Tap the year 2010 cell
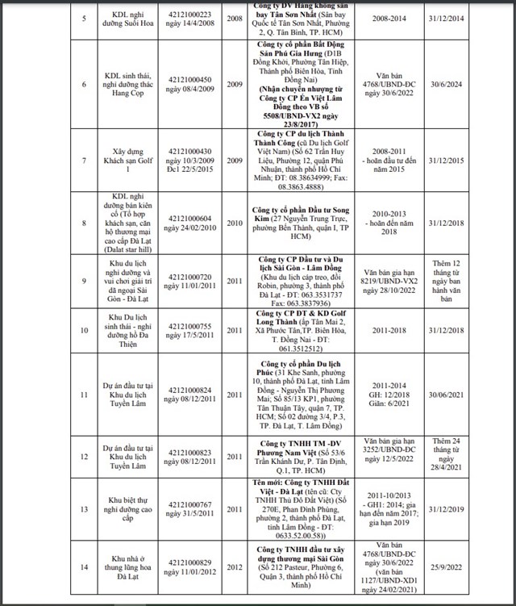[233, 223]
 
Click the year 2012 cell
[233, 572]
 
